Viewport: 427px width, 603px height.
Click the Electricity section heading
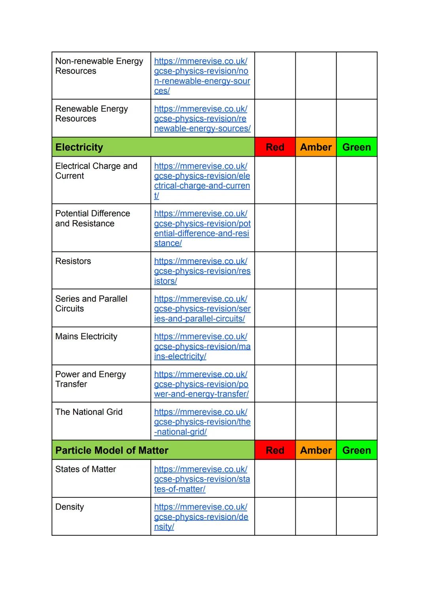[79, 147]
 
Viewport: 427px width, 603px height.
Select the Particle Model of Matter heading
[112, 450]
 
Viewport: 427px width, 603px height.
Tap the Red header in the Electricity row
[275, 147]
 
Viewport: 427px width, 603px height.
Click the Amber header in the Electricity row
[316, 147]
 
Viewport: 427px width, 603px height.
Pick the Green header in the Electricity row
[357, 147]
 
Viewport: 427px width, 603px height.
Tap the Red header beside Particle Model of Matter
[275, 450]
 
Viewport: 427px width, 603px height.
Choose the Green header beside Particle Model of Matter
[357, 450]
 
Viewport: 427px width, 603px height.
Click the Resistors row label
[73, 261]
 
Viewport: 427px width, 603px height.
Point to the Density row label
[70, 507]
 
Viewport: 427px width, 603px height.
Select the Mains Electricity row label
[86, 336]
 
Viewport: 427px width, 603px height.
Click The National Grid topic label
[89, 412]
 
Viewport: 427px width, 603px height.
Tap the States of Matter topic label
[85, 469]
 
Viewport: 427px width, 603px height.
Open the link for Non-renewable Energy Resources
[202, 76]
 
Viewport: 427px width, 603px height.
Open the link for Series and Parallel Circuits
[202, 309]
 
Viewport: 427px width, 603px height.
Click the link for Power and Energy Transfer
[202, 384]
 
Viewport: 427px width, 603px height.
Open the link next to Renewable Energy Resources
[202, 119]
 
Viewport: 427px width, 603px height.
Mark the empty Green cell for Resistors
[357, 270]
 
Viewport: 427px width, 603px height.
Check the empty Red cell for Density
[275, 516]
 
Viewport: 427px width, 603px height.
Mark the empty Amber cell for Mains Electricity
[316, 346]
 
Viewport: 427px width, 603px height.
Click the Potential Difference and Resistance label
[93, 219]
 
